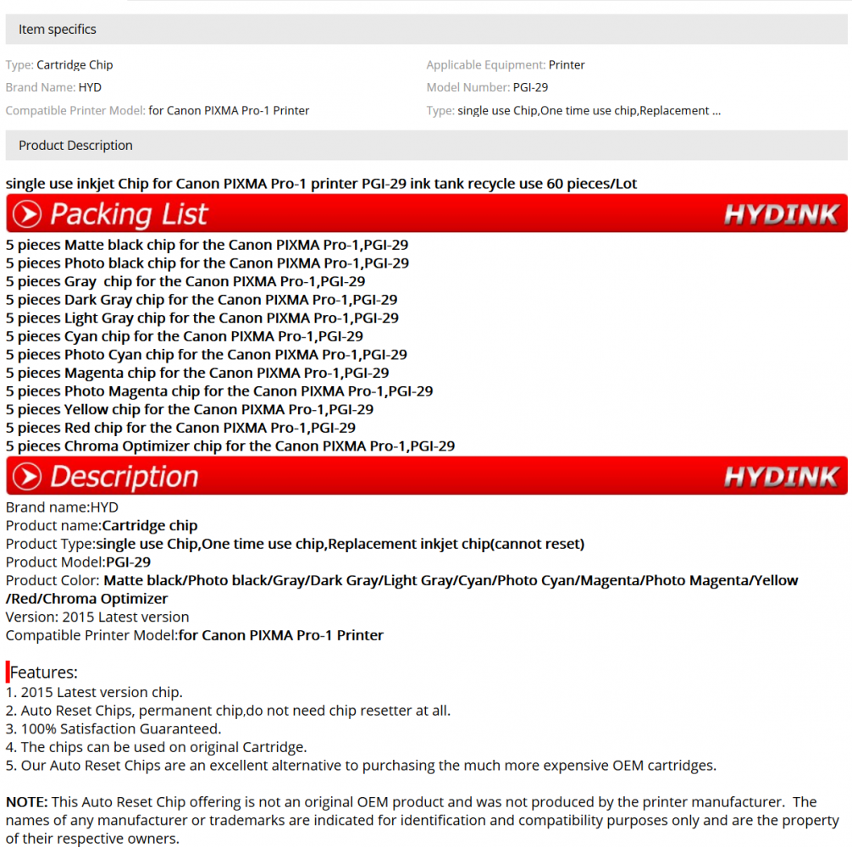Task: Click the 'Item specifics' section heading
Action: [x=58, y=30]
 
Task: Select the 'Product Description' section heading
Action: [x=75, y=146]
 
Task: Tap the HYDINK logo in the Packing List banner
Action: [x=781, y=214]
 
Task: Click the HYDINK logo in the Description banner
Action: [x=781, y=477]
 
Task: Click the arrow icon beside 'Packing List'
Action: [x=26, y=214]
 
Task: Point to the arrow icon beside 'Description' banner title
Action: [x=26, y=477]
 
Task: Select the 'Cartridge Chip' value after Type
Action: [x=75, y=65]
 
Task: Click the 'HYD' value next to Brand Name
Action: [x=90, y=87]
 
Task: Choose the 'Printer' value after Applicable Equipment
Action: [x=567, y=65]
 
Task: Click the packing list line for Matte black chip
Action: [x=207, y=246]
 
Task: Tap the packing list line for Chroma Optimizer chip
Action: [x=230, y=446]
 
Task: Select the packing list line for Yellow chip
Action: [x=190, y=410]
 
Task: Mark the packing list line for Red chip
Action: [x=180, y=428]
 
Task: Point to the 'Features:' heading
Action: [x=44, y=673]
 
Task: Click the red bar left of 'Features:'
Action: [x=8, y=673]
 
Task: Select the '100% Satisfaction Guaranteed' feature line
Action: [x=113, y=728]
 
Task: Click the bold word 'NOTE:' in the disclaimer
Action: [x=27, y=802]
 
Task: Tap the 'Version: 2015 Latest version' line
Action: [x=97, y=617]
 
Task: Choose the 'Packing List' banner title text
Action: [x=129, y=214]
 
